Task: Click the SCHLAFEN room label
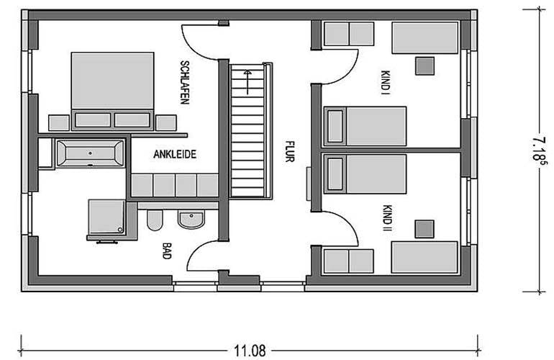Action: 185,82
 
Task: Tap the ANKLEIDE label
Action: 175,154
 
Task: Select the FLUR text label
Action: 290,151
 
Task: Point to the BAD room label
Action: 166,251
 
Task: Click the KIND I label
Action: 385,83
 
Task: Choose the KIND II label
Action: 387,220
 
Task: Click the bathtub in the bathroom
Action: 91,153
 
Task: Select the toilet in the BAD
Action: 155,220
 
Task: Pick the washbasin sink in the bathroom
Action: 191,219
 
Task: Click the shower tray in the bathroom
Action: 106,217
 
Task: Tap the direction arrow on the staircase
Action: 248,82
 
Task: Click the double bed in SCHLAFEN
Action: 112,91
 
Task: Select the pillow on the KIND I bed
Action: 335,126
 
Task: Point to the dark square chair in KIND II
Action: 424,229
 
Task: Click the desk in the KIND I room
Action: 425,38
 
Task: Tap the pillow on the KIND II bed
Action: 335,174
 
